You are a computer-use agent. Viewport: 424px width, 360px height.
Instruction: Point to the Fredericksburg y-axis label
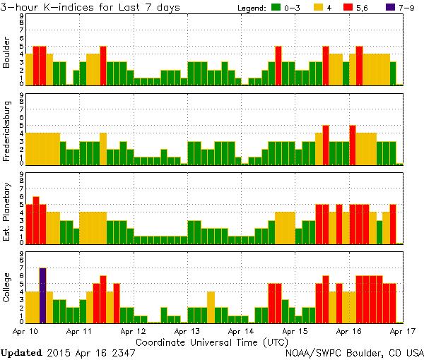[7, 130]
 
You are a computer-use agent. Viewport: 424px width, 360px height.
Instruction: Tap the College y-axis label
[7, 287]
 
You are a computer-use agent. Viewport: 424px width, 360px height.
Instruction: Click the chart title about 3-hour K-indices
[90, 7]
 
